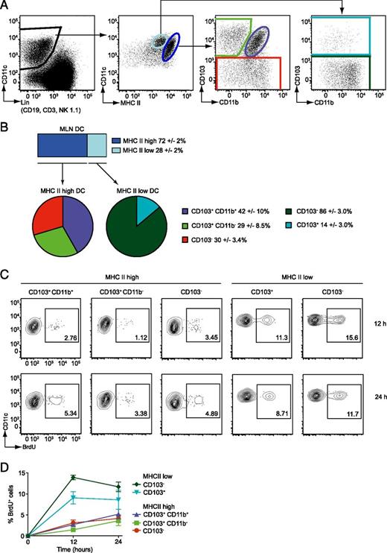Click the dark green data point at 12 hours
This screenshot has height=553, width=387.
[x=73, y=477]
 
